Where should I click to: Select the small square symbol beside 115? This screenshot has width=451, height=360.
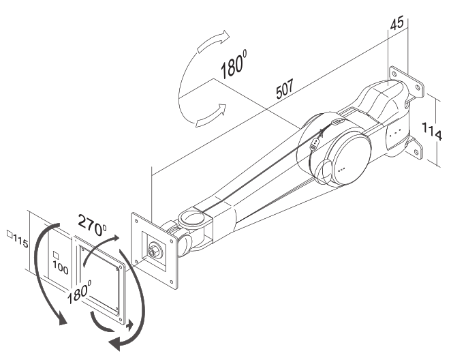pyautogui.click(x=8, y=235)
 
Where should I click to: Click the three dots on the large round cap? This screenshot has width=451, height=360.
pyautogui.click(x=344, y=166)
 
